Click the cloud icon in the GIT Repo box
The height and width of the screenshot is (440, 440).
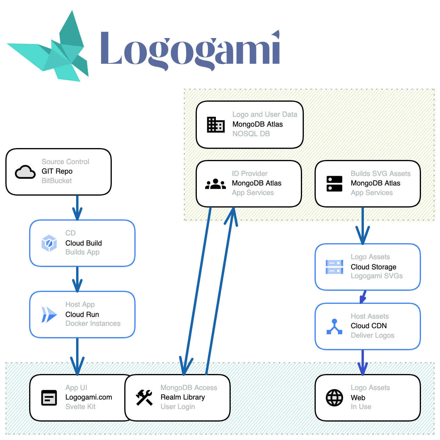tap(25, 172)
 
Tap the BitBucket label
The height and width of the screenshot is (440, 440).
tap(56, 181)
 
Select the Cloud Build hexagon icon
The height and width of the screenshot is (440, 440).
tap(49, 243)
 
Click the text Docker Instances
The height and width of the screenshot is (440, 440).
tap(93, 323)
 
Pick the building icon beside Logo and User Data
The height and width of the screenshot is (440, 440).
tap(216, 125)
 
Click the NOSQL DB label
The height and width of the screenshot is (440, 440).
tap(251, 134)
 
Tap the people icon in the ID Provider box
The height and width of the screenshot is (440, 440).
tap(216, 184)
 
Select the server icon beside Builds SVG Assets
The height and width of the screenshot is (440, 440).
tap(334, 184)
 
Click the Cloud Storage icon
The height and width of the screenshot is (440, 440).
tap(334, 267)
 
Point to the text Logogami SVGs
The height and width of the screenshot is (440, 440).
tap(376, 276)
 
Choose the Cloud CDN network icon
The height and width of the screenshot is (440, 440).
tap(334, 326)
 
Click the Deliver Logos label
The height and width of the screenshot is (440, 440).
tap(372, 335)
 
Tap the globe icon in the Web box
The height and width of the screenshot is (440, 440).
tap(334, 397)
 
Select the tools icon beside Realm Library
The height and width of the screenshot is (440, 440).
tap(144, 397)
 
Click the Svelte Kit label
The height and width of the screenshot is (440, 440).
tap(80, 407)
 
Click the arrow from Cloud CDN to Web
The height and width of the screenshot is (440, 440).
tap(363, 362)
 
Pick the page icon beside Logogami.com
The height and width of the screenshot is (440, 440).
tap(49, 397)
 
